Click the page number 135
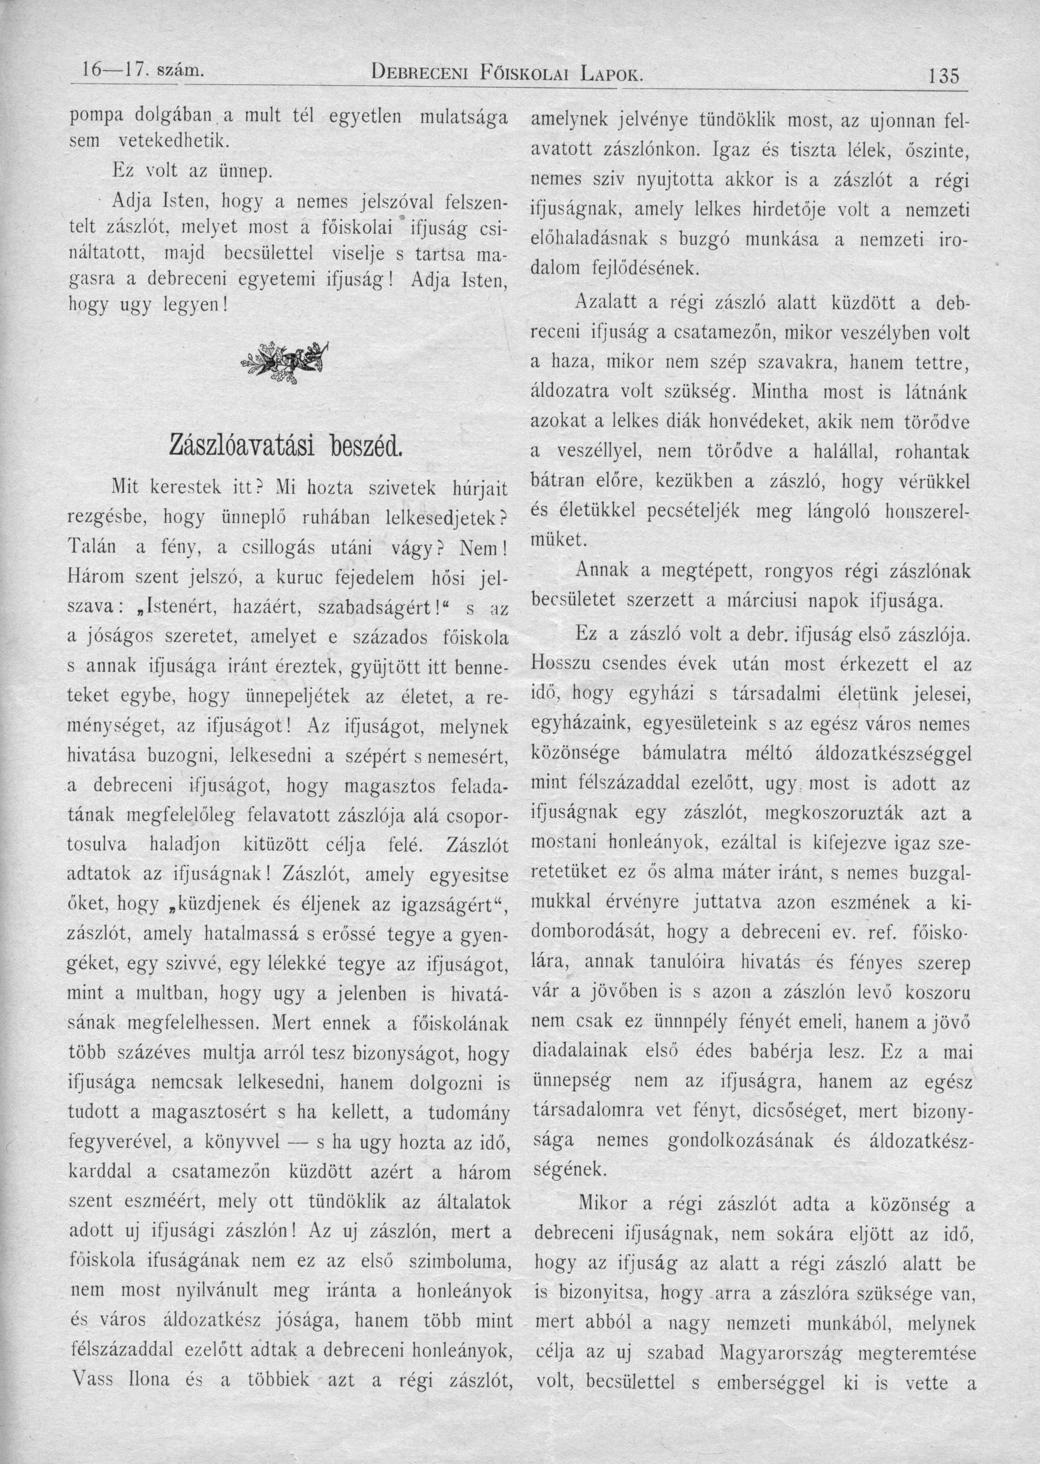point(943,77)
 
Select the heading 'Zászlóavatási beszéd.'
point(286,445)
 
